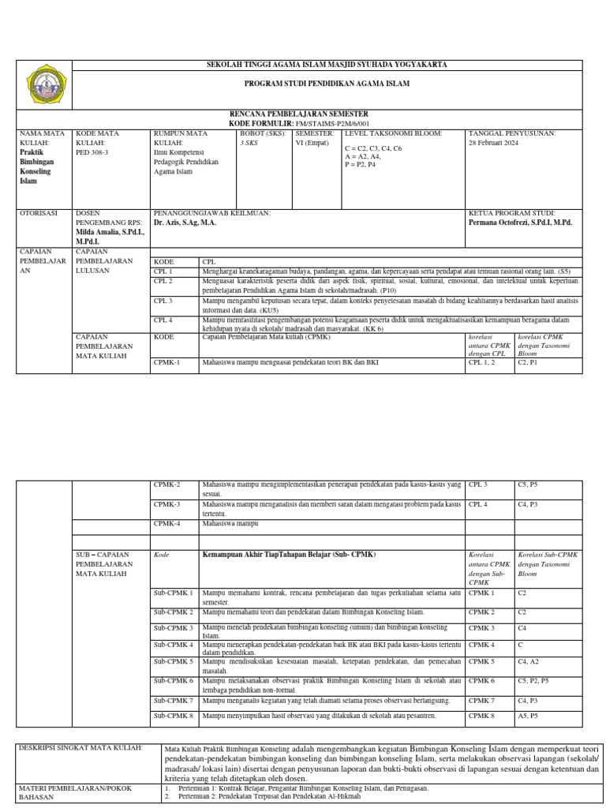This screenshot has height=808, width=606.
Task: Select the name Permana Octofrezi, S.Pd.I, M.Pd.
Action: coord(520,223)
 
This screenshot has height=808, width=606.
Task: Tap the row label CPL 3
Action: coord(163,301)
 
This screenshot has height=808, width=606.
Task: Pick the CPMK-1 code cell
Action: coord(167,362)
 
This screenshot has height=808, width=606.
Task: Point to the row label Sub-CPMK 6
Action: coord(174,679)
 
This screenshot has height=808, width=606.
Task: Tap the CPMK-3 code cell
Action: coord(167,503)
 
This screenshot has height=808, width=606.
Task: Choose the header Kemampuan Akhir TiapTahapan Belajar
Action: coord(289,554)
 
